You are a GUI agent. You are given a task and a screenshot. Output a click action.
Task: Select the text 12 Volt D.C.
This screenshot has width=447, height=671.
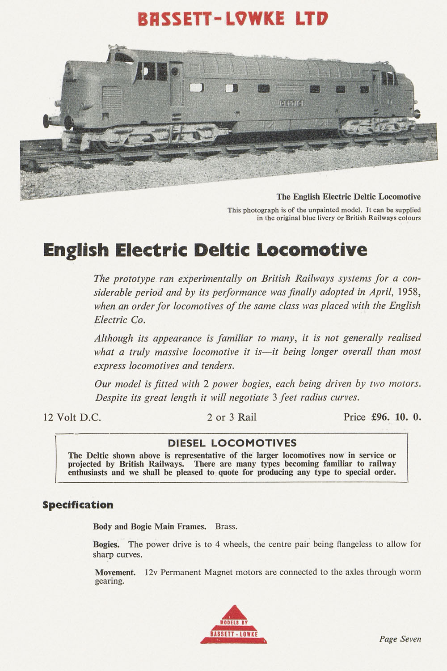[72, 418]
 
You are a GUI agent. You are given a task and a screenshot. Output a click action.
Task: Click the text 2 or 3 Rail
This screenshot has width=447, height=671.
[232, 418]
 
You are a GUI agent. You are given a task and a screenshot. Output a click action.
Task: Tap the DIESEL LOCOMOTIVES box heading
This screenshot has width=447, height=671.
[232, 443]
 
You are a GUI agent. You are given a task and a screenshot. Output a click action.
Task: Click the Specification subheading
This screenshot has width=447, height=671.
[78, 505]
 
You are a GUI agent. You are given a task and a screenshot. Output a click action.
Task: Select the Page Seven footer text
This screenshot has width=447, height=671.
[400, 639]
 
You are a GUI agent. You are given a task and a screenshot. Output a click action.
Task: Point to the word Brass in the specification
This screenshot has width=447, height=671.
[226, 527]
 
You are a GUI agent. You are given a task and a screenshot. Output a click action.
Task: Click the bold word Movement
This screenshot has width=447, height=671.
[115, 572]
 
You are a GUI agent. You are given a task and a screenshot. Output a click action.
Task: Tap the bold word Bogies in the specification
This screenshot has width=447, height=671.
[106, 544]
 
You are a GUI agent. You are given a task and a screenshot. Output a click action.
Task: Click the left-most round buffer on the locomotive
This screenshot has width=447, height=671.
[46, 120]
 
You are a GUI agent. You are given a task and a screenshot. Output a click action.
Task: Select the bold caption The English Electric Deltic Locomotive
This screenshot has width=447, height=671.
[348, 197]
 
